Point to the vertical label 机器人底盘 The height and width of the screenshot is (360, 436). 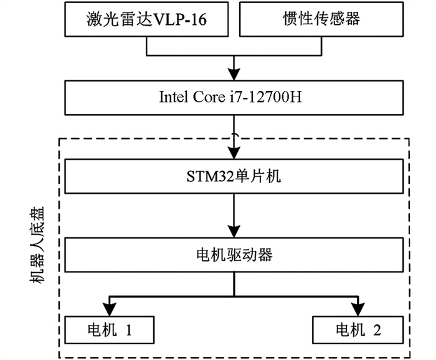click(37, 245)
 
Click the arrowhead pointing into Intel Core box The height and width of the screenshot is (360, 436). click(234, 74)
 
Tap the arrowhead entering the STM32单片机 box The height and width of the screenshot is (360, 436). click(234, 153)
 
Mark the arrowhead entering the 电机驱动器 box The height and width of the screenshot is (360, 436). click(234, 231)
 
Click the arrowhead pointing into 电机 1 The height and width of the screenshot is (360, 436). click(109, 310)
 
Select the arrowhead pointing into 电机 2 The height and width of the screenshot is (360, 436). click(358, 310)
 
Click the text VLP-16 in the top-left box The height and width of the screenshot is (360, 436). click(179, 20)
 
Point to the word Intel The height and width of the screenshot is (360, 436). click(174, 97)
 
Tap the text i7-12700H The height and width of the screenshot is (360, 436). click(265, 97)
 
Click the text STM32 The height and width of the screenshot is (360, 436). click(211, 176)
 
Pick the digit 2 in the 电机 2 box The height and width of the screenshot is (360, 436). click(377, 330)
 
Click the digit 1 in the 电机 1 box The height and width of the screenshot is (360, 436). click(129, 330)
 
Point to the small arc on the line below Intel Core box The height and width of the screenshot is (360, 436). click(235, 135)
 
